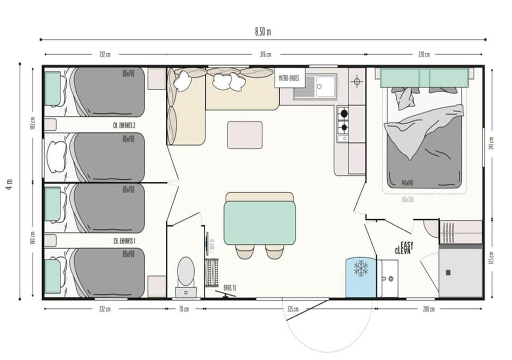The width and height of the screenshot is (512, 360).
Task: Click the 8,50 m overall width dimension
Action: tap(263, 31)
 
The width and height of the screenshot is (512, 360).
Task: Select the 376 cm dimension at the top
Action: tap(265, 54)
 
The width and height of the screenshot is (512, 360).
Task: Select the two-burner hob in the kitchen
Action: tap(343, 120)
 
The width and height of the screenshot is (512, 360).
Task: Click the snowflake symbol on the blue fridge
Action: tap(361, 268)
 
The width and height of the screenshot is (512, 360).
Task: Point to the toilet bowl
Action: tap(186, 270)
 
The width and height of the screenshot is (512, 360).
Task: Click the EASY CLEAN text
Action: tap(404, 247)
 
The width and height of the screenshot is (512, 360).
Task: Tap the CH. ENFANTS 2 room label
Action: tap(124, 126)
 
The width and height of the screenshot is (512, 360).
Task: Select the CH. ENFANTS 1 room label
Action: tap(124, 241)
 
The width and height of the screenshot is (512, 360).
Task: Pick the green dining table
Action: tap(260, 222)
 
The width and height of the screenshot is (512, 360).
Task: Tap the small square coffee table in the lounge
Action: tap(245, 135)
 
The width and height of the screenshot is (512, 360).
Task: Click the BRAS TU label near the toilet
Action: tap(230, 287)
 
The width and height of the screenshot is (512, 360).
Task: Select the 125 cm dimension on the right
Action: tap(491, 258)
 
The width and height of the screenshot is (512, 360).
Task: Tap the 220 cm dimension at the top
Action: tap(424, 54)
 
